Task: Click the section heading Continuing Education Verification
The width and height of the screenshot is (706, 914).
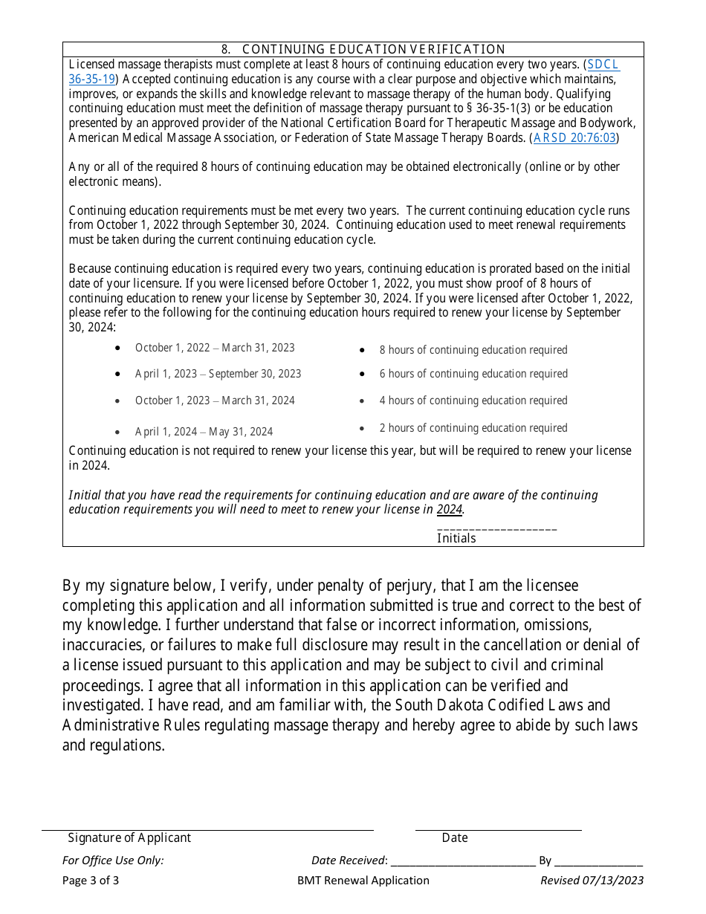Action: coord(363,49)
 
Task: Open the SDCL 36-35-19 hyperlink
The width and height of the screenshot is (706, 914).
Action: coord(603,65)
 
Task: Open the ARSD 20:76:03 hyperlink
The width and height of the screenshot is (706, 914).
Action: coord(574,137)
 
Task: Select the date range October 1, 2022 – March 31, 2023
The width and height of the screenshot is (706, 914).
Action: coord(215,348)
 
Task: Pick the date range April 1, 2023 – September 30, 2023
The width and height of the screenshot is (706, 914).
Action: coord(218,374)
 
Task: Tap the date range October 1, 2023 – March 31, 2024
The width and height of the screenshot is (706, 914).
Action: coord(215,401)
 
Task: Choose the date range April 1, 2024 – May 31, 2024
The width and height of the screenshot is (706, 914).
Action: coord(204,432)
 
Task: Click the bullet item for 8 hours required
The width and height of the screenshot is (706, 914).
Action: coord(473,350)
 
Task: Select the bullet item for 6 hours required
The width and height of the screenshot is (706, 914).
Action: coord(473,374)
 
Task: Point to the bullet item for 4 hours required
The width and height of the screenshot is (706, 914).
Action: coord(473,401)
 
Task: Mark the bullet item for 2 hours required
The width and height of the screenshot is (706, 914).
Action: coord(473,428)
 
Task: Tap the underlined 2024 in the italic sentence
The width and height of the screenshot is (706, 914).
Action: coord(449,510)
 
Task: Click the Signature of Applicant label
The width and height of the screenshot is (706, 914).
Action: coord(129,837)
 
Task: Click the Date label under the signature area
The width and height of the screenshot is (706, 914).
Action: coord(455,837)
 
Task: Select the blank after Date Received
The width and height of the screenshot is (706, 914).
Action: coord(463,860)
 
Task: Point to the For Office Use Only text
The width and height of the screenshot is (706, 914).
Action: coord(113,860)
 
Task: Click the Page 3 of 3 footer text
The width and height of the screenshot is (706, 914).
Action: coord(91,881)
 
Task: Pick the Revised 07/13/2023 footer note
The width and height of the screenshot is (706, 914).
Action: coord(592,881)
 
